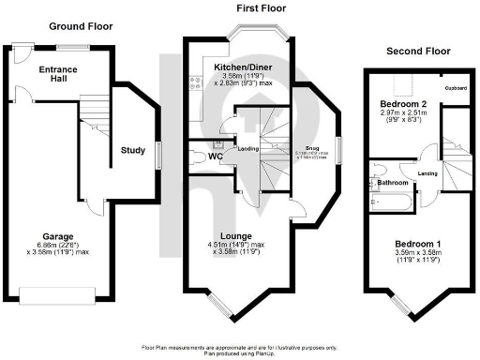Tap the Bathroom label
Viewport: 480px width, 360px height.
point(392,183)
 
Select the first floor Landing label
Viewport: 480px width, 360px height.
point(248,149)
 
